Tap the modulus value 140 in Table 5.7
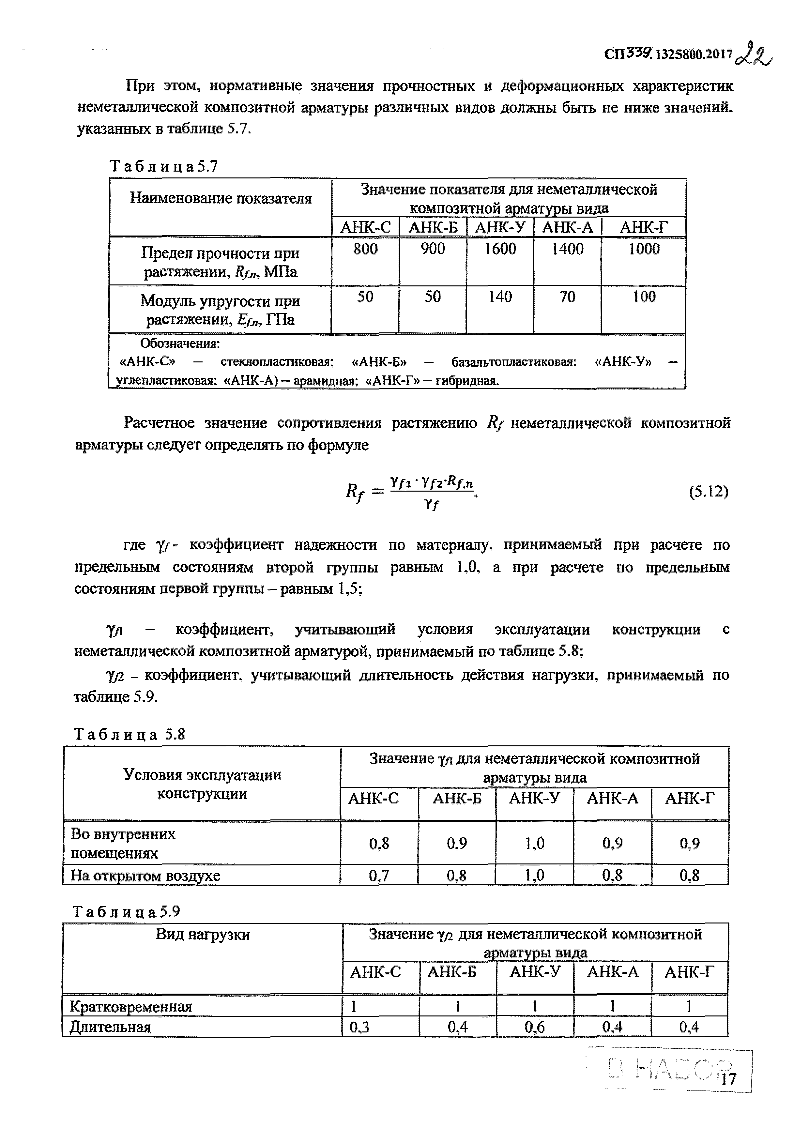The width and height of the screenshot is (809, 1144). coord(500,297)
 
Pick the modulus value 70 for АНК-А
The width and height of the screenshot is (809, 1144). coord(567,297)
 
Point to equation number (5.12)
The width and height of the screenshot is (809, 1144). coord(709,492)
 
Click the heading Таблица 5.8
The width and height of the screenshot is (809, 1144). coord(130,734)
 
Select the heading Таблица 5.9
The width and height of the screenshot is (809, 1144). coord(127,911)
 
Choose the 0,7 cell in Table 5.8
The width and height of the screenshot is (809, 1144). coord(379,876)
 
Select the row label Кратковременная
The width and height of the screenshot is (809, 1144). coord(130,1006)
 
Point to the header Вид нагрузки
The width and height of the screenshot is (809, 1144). coord(203,934)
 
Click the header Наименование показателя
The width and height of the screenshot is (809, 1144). coord(221,198)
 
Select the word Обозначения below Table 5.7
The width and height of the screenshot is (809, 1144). coord(180,344)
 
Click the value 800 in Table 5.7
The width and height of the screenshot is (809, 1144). coord(366,249)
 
